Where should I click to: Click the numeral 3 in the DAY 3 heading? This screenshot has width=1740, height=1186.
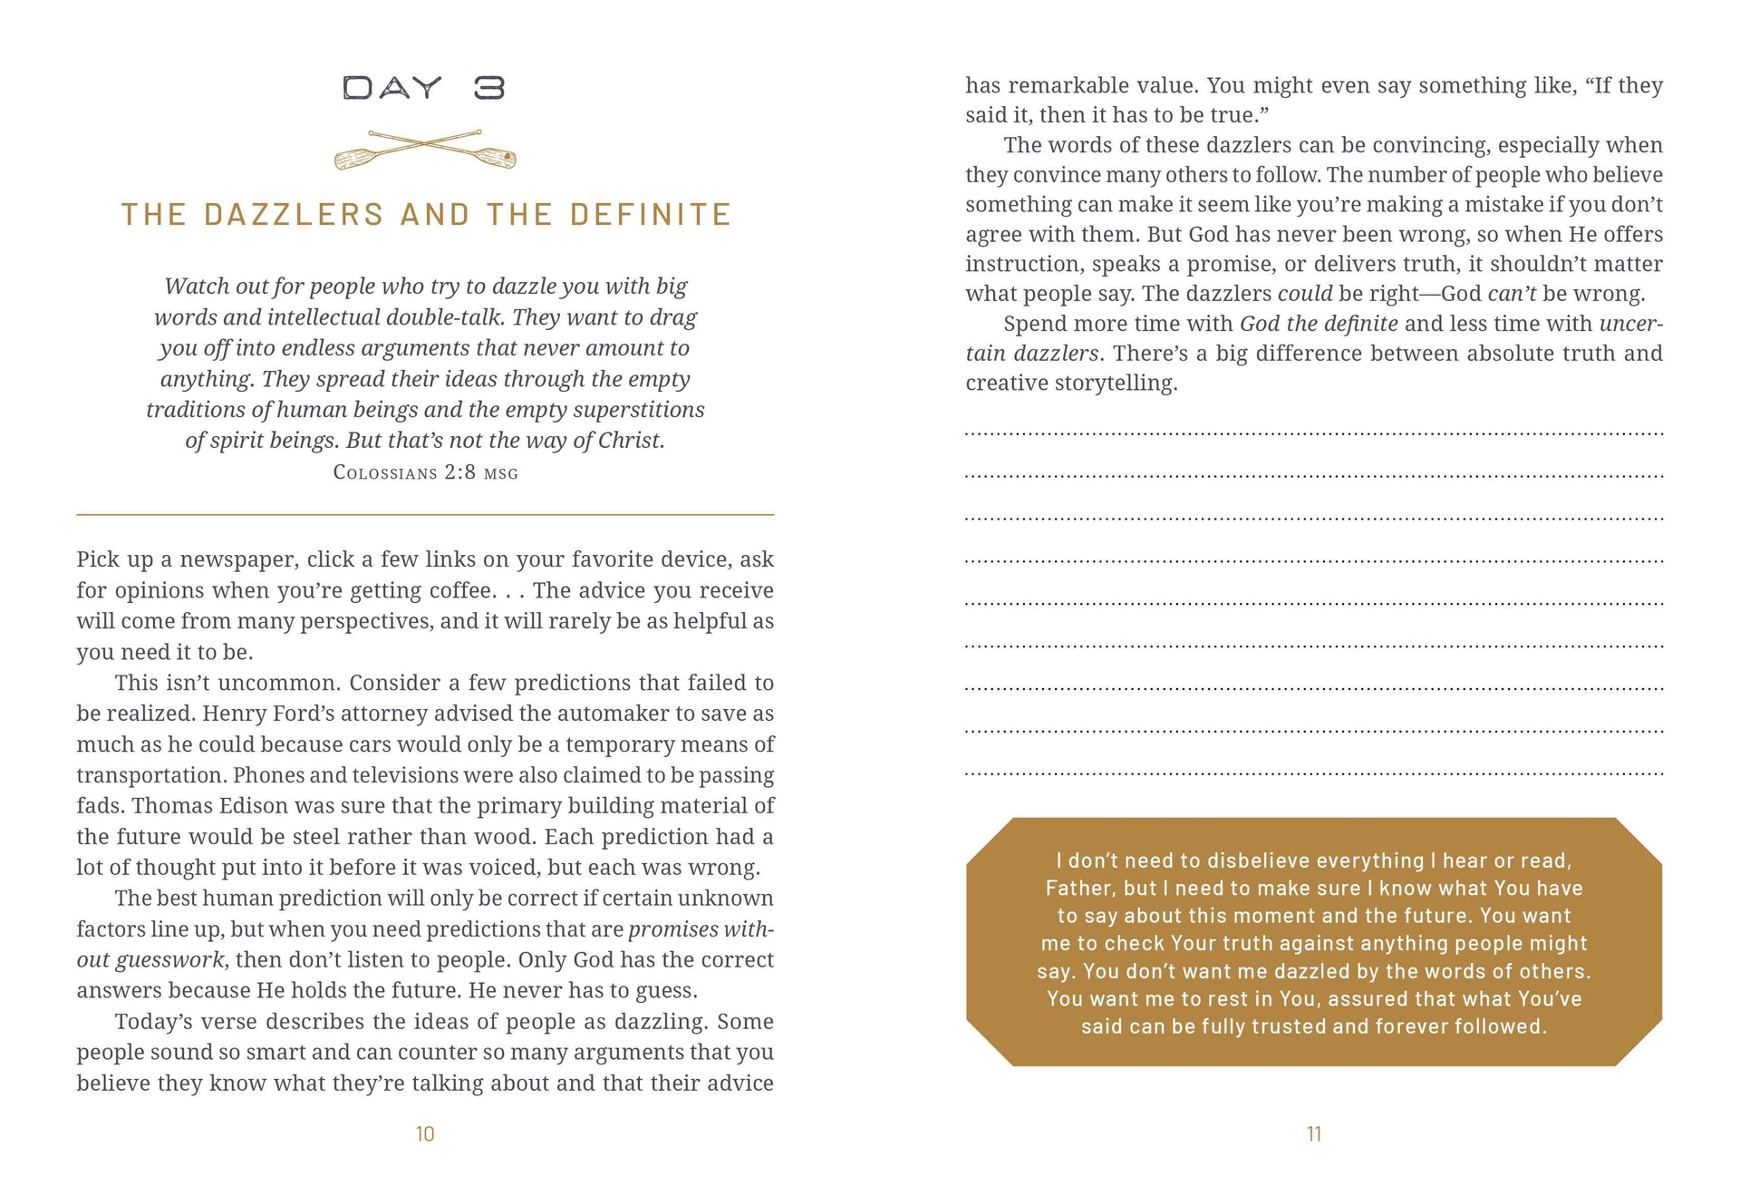[x=489, y=88]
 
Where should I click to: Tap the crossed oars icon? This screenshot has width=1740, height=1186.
[x=425, y=151]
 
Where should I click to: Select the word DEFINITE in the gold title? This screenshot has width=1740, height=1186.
[x=651, y=215]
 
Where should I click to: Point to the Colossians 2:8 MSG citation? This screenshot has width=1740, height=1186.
[x=425, y=472]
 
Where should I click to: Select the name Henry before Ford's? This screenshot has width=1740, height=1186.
[x=234, y=714]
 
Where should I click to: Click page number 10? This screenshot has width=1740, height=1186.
[x=425, y=1134]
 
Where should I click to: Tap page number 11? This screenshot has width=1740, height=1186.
[x=1314, y=1134]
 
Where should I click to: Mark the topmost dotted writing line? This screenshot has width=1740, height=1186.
[x=1314, y=433]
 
